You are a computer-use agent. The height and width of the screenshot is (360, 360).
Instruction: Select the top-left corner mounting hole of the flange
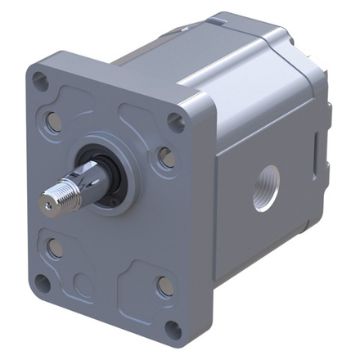(x=39, y=82)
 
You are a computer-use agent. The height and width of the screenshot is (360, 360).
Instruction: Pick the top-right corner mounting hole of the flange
(x=175, y=123)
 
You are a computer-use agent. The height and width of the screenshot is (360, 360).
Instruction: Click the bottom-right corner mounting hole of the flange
(x=173, y=328)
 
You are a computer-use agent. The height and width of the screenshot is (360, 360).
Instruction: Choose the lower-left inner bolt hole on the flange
(x=56, y=246)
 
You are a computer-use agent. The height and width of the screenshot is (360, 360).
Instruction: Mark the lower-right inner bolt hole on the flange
(x=165, y=286)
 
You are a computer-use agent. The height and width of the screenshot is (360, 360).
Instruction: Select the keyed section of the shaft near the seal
(x=92, y=184)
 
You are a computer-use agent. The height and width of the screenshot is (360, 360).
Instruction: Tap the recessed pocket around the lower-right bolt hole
(x=151, y=282)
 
